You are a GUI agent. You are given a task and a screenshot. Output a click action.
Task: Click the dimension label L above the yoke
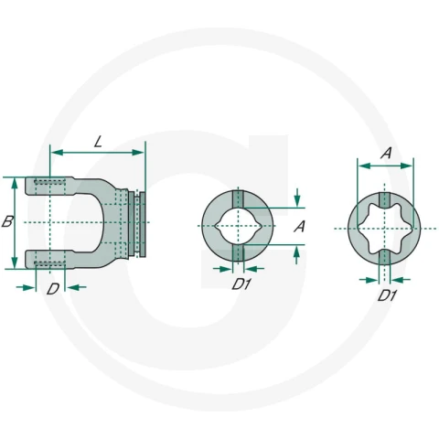pyautogui.click(x=98, y=142)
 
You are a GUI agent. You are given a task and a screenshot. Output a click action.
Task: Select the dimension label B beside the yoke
pyautogui.click(x=7, y=221)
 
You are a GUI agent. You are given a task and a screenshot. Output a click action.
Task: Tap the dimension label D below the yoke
pyautogui.click(x=53, y=289)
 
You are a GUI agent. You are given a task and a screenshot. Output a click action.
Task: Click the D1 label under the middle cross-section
pyautogui.click(x=241, y=284)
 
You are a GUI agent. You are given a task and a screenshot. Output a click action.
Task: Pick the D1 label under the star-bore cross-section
pyautogui.click(x=387, y=295)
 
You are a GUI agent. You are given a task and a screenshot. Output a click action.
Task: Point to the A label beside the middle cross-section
pyautogui.click(x=300, y=227)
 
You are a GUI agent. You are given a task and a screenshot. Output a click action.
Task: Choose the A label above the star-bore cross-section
pyautogui.click(x=386, y=153)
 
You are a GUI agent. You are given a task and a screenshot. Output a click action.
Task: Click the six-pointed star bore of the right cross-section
pyautogui.click(x=384, y=229)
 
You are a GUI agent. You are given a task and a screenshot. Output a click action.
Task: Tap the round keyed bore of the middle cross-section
pyautogui.click(x=238, y=226)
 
